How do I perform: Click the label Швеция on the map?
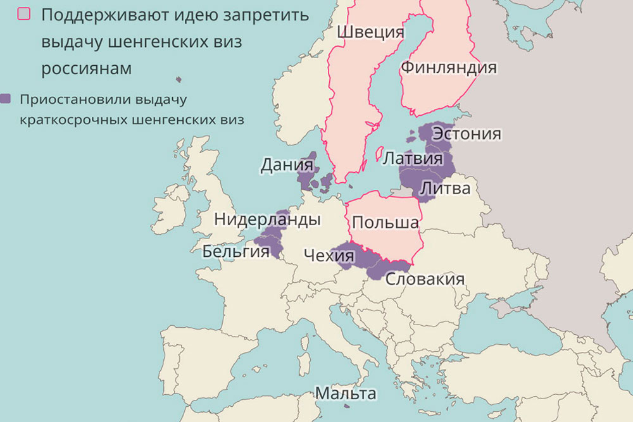tap(370, 32)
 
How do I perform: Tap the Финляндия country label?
tap(448, 68)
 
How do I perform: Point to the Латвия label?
tap(413, 158)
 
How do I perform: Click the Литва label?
tap(445, 189)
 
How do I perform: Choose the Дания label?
tap(287, 166)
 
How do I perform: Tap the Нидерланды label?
tap(266, 220)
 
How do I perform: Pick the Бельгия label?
tap(235, 252)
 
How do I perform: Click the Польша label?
tap(385, 223)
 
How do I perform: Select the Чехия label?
tap(329, 256)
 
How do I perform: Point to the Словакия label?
tap(425, 279)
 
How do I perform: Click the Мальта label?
tap(346, 394)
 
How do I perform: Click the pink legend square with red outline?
tap(25, 15)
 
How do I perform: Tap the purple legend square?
tap(6, 99)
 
